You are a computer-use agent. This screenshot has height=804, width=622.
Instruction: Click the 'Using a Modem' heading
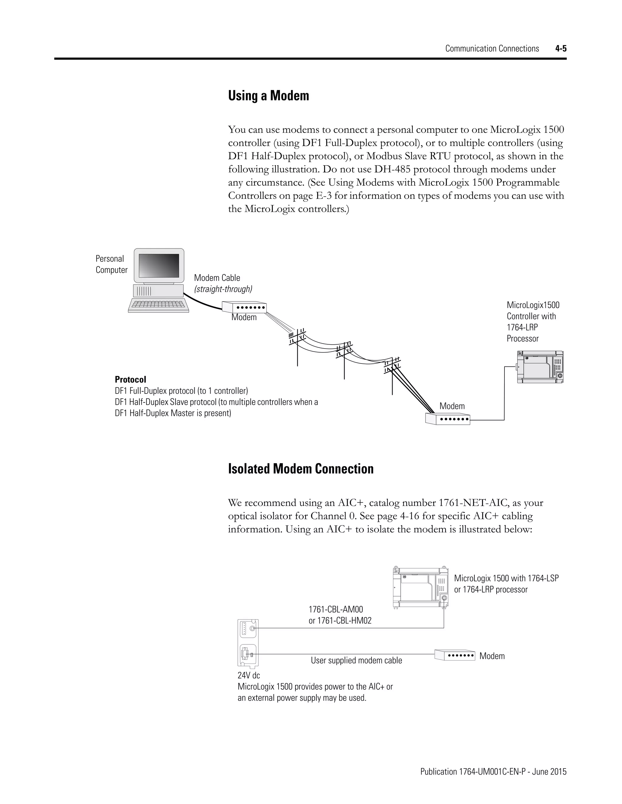(268, 96)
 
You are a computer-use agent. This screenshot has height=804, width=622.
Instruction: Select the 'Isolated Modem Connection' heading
(300, 469)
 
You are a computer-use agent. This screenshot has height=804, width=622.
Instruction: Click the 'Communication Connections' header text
(492, 49)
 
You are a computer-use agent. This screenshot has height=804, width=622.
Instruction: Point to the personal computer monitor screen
(159, 265)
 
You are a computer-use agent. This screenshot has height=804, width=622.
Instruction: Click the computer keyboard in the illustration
(159, 305)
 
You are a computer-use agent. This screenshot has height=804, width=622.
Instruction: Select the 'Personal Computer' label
(111, 264)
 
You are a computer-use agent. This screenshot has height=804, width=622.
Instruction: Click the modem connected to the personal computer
(244, 307)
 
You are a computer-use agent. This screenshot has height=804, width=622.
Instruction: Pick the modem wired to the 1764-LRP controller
(448, 419)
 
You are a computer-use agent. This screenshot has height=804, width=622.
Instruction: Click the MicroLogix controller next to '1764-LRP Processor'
(540, 367)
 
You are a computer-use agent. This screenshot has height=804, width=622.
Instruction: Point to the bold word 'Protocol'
(130, 379)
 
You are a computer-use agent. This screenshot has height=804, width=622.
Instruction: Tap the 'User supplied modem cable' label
(356, 660)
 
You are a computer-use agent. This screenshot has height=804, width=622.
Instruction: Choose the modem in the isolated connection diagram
(454, 655)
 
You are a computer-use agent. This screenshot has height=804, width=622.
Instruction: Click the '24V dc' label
(249, 675)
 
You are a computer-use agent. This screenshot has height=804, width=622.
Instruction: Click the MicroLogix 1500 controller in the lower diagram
(420, 587)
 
